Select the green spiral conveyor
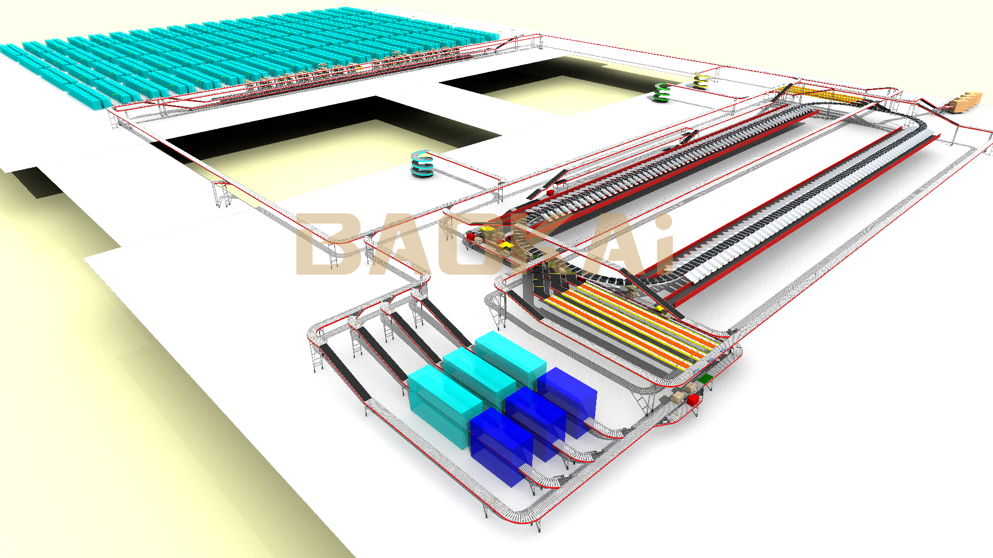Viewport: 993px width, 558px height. click(661, 92)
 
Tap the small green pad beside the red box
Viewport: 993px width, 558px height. click(705, 379)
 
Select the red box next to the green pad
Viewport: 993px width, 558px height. click(693, 399)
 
